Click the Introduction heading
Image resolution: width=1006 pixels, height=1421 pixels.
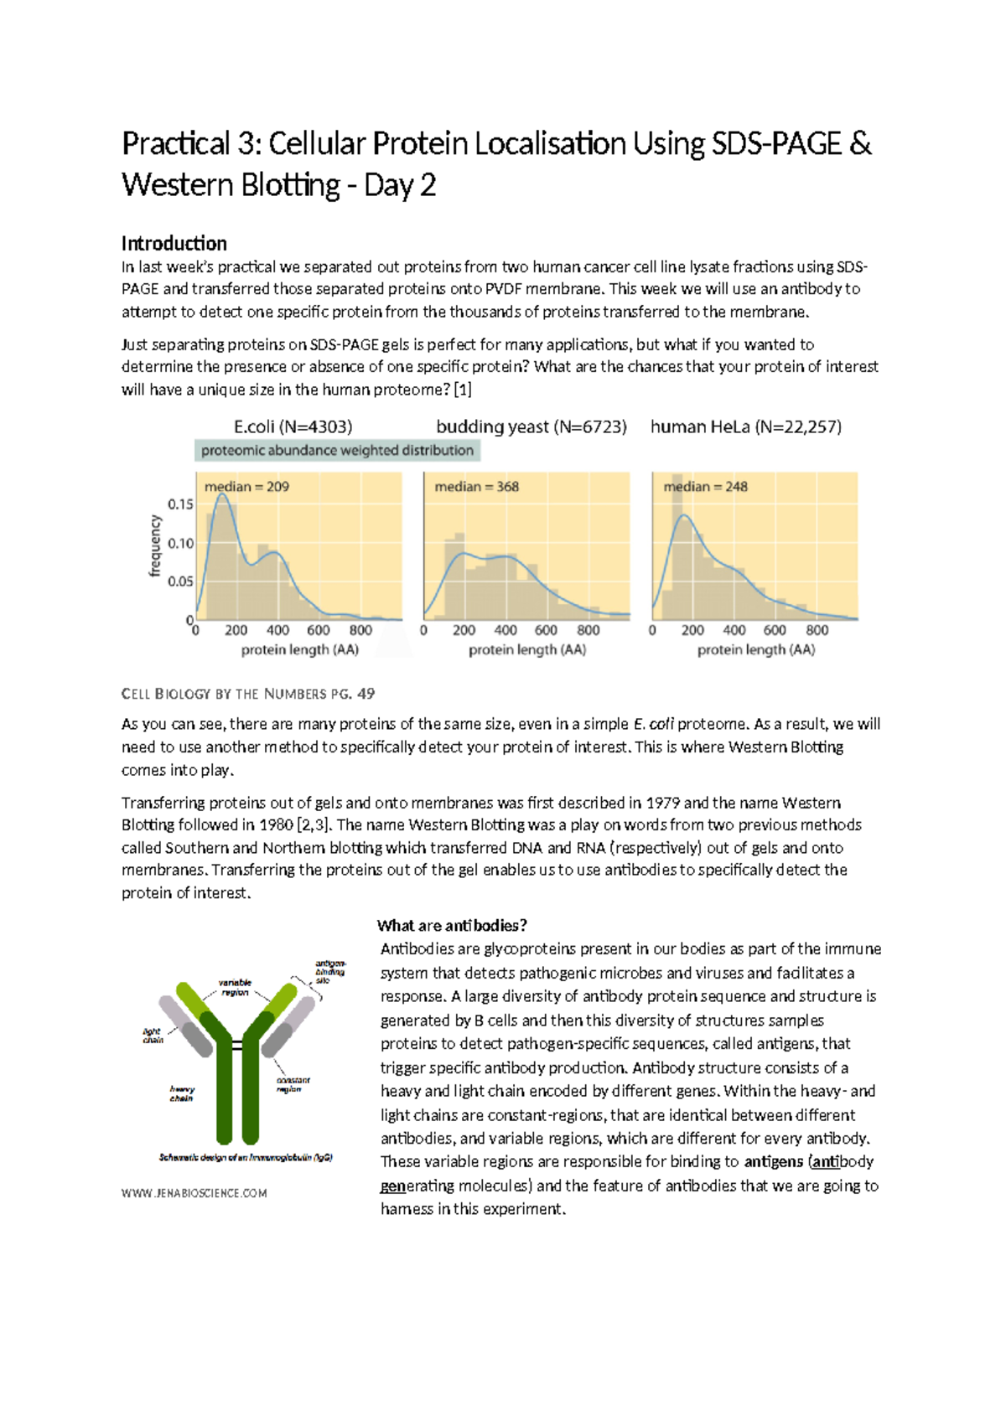(174, 244)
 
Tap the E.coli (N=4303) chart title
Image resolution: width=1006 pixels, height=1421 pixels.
(293, 427)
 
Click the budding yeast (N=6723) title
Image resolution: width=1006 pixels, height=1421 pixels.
(531, 427)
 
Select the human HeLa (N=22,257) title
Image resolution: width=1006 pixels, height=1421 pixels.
(745, 427)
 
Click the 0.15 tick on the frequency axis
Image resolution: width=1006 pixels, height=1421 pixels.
(180, 504)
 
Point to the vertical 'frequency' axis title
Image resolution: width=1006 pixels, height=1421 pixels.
(155, 545)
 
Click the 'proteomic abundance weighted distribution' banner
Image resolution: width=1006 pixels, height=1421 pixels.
(337, 451)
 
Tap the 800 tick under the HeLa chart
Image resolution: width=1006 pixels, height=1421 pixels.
(817, 630)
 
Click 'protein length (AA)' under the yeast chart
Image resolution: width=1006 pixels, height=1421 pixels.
(526, 650)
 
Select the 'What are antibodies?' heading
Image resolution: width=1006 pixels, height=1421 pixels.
(452, 926)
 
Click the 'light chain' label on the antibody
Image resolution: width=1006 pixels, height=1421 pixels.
(153, 1036)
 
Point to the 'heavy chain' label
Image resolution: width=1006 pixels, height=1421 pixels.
(181, 1093)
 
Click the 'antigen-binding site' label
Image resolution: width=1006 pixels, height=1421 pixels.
(329, 972)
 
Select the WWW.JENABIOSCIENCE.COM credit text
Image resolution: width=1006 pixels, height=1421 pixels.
(194, 1193)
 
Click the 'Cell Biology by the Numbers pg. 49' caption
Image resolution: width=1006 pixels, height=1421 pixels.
(247, 694)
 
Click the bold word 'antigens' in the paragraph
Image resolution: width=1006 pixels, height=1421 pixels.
(773, 1162)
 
